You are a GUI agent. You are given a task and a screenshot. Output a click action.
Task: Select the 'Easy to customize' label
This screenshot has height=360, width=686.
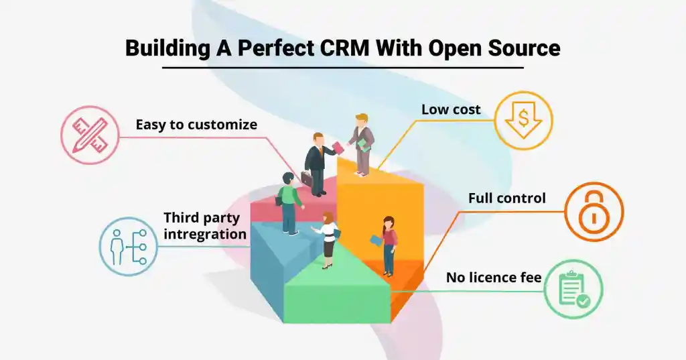pyautogui.click(x=196, y=125)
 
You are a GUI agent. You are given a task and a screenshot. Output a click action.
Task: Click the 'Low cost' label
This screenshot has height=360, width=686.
pyautogui.click(x=451, y=109)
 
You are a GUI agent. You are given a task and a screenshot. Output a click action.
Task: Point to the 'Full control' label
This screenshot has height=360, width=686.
pyautogui.click(x=507, y=198)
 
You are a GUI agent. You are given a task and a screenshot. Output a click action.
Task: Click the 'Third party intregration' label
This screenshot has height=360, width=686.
pyautogui.click(x=205, y=226)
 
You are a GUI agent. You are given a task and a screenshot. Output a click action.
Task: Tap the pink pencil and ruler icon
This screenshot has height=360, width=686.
pyautogui.click(x=90, y=136)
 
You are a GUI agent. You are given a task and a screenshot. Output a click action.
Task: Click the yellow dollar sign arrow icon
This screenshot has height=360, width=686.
pyautogui.click(x=523, y=121)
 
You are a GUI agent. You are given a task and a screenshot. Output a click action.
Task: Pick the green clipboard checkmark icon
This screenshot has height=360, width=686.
pyautogui.click(x=573, y=289)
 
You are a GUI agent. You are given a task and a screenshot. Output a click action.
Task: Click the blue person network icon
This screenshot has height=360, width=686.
pyautogui.click(x=129, y=245)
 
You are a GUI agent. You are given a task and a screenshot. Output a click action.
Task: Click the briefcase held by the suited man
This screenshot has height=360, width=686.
pyautogui.click(x=307, y=179)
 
